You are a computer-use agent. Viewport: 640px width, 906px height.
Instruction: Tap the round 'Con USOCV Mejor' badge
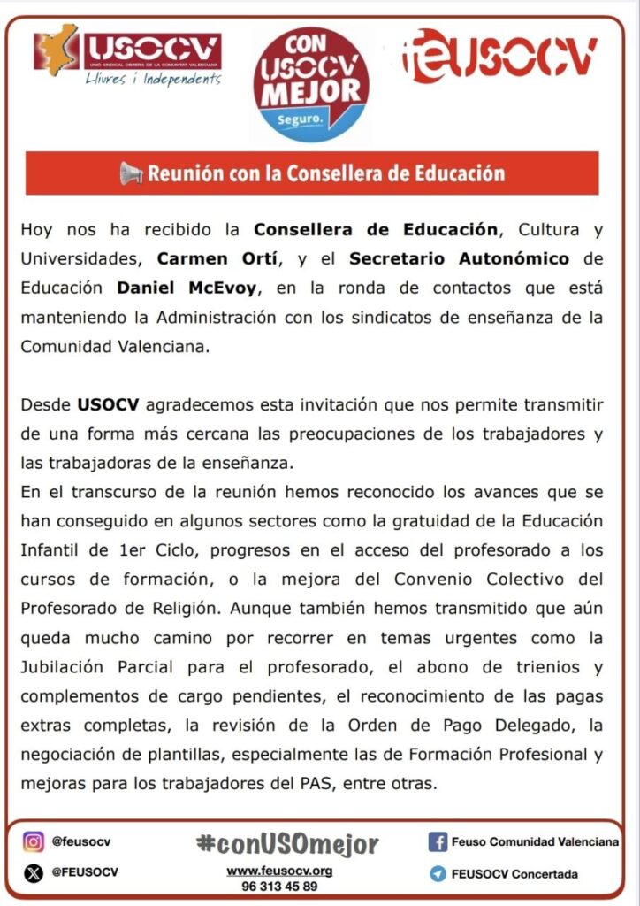(311, 84)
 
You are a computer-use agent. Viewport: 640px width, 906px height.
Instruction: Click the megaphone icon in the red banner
(131, 173)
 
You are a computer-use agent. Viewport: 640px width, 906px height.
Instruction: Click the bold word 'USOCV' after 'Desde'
(106, 405)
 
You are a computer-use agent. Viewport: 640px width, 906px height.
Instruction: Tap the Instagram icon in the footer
(34, 841)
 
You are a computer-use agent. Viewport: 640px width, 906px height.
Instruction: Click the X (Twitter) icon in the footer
(34, 872)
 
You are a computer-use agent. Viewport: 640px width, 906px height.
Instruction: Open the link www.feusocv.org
(279, 871)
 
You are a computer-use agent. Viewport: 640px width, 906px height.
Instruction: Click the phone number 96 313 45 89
(279, 886)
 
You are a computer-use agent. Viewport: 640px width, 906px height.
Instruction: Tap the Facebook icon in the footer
(437, 841)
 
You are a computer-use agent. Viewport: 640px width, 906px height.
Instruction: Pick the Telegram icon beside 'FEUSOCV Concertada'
(437, 873)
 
